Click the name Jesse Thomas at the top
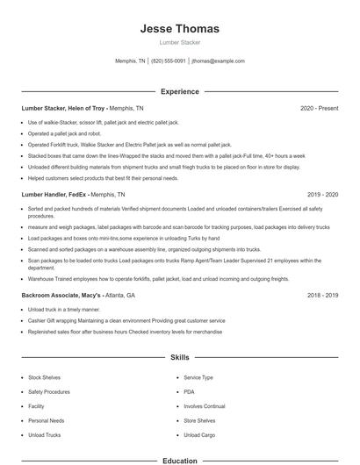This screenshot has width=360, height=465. pos(179,29)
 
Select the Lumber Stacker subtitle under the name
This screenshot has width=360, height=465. pos(179,42)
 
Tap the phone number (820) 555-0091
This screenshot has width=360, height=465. pos(169,61)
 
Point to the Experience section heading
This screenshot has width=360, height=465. pos(179,91)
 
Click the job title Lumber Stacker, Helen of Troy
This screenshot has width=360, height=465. pos(63,108)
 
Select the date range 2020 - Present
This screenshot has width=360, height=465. pos(319,108)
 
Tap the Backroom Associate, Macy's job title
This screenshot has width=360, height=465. pos(61,296)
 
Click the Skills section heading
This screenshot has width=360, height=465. pos(179,358)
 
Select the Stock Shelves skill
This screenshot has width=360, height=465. pos(44,377)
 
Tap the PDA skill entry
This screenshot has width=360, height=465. pos(189,391)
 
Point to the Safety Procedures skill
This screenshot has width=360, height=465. pos(49,391)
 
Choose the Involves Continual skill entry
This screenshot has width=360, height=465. pos(205,406)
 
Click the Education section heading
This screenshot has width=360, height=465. pos(179,460)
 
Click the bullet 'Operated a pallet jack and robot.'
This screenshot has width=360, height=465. pos(64,132)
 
